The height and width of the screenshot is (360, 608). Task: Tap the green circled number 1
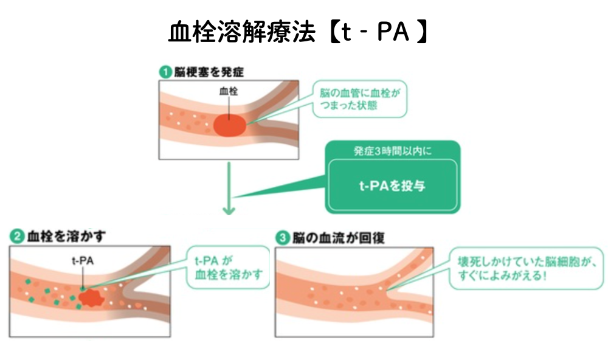(x=164, y=71)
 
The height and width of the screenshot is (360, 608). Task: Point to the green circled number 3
(x=281, y=238)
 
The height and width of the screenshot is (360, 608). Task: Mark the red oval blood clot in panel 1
(x=230, y=125)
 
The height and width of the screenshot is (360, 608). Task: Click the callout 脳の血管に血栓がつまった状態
(x=361, y=99)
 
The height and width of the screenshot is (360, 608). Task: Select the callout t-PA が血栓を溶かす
(x=226, y=267)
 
